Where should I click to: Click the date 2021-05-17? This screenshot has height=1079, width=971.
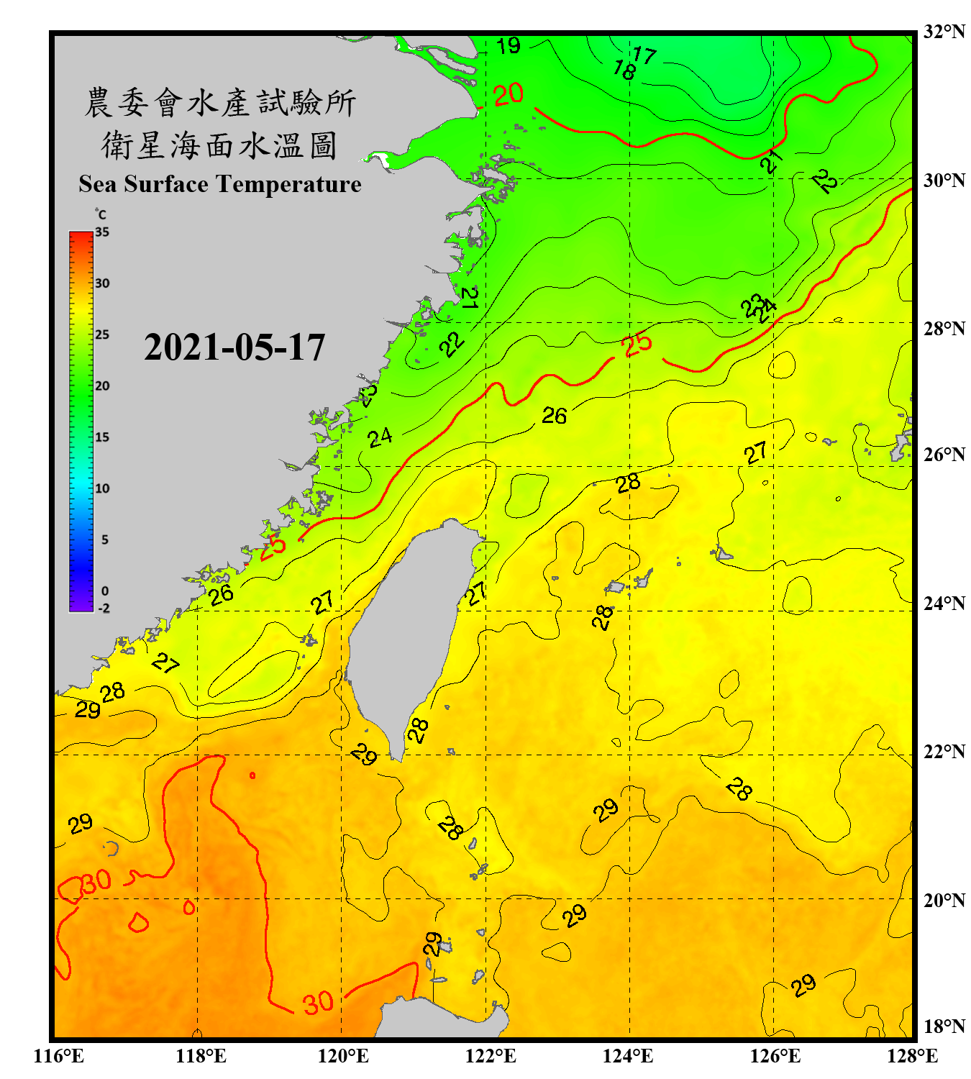tap(234, 347)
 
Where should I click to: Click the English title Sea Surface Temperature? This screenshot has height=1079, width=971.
tap(220, 184)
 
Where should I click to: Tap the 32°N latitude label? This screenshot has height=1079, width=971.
tap(944, 32)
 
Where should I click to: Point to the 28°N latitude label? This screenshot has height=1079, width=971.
tap(944, 329)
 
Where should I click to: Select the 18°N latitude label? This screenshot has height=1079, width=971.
tap(944, 1026)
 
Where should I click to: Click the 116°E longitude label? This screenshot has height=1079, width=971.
tap(59, 1056)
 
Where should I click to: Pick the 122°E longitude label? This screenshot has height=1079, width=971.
tap(491, 1056)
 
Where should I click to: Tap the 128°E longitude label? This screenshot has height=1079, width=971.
tap(912, 1056)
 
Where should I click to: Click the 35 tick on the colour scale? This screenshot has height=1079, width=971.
tap(102, 232)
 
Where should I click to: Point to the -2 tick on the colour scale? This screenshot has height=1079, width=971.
tap(104, 609)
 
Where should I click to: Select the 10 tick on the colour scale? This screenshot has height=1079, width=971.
tap(102, 488)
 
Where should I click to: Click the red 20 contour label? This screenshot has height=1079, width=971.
tap(509, 94)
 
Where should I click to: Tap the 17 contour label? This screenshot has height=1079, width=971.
tap(644, 55)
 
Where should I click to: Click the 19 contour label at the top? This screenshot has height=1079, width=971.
tap(509, 46)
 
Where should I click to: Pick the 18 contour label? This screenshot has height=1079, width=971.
tap(624, 70)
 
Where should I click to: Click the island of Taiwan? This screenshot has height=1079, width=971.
tap(410, 633)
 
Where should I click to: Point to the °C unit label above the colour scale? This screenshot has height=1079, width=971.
tap(101, 214)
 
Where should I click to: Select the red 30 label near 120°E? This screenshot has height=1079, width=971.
tap(317, 1003)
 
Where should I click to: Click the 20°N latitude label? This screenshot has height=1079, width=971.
tap(944, 900)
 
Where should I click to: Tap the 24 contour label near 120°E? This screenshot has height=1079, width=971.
tap(380, 437)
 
